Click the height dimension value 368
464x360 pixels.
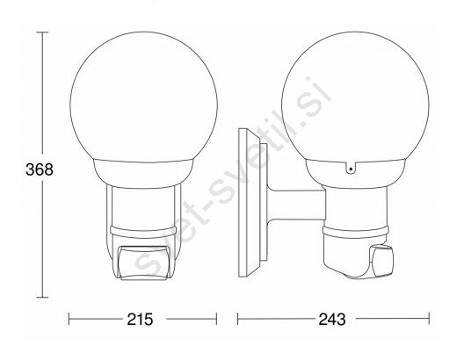(x=40, y=169)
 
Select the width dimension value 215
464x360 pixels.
(x=140, y=320)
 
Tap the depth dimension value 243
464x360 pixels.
(x=331, y=320)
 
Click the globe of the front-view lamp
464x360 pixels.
(x=144, y=96)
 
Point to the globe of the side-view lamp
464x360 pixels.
(x=355, y=96)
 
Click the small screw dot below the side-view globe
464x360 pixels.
(x=351, y=169)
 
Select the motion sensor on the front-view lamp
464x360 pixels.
(x=144, y=262)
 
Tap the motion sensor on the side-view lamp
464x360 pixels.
(x=381, y=261)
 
